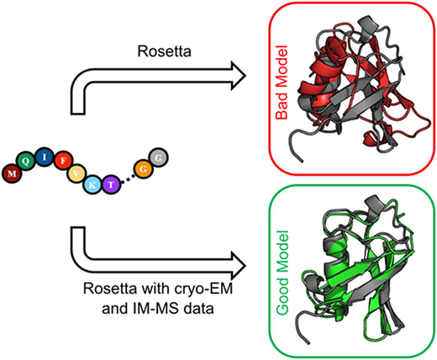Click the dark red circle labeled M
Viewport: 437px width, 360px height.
tap(12, 173)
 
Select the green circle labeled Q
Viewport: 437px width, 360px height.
tap(25, 161)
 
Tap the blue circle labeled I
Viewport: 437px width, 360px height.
tap(45, 156)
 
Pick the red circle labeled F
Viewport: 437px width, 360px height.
tap(64, 161)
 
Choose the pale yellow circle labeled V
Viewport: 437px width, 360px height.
tap(77, 174)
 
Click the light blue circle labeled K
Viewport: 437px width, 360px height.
tap(93, 184)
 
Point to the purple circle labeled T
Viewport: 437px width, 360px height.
tap(111, 184)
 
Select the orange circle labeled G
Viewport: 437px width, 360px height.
tap(144, 169)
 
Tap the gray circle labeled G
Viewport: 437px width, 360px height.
tap(159, 157)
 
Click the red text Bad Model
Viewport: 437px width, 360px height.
tap(282, 82)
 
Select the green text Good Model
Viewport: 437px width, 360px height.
tap(283, 273)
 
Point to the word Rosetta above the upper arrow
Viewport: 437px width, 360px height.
tap(165, 51)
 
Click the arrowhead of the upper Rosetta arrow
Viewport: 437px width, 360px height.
tap(238, 76)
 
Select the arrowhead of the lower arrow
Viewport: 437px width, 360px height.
tap(238, 265)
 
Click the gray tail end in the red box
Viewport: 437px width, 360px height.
tap(302, 161)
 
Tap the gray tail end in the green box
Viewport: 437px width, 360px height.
tap(308, 342)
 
